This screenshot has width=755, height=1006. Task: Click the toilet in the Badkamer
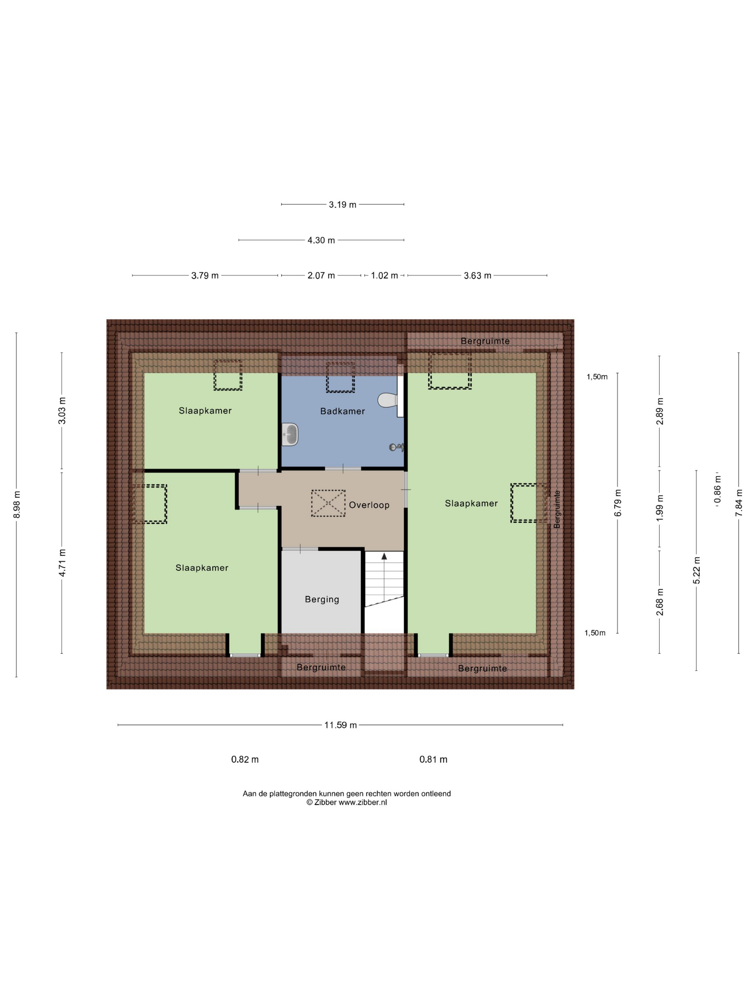tap(388, 400)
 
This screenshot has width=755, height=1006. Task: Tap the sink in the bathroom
tap(290, 434)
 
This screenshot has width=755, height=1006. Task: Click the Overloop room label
tap(369, 505)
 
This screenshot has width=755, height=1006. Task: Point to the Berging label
tap(322, 599)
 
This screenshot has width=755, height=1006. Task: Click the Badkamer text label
tap(342, 411)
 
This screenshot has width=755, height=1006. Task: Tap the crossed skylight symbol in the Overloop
tap(328, 503)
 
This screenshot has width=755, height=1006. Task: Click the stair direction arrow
tap(384, 556)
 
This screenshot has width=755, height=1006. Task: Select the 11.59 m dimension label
tap(340, 725)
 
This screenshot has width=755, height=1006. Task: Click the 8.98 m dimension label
tap(17, 504)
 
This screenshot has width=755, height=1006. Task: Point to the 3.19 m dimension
tap(343, 205)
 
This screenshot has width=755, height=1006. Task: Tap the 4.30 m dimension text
tap(321, 240)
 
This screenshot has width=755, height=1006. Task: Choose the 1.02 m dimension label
tap(385, 276)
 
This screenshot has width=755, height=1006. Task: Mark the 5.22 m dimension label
tap(696, 570)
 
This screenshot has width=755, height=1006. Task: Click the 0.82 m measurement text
tap(245, 760)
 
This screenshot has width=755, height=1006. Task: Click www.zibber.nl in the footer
tap(363, 802)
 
